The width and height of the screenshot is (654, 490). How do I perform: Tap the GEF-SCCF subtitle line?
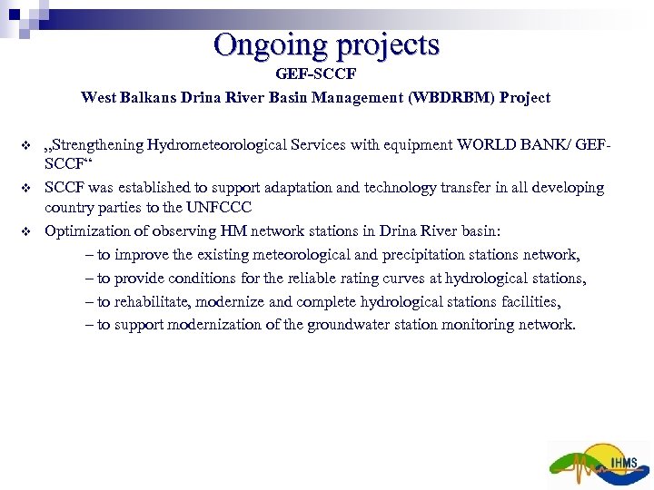coord(316,73)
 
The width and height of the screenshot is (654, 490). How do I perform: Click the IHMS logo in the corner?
coord(600,464)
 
